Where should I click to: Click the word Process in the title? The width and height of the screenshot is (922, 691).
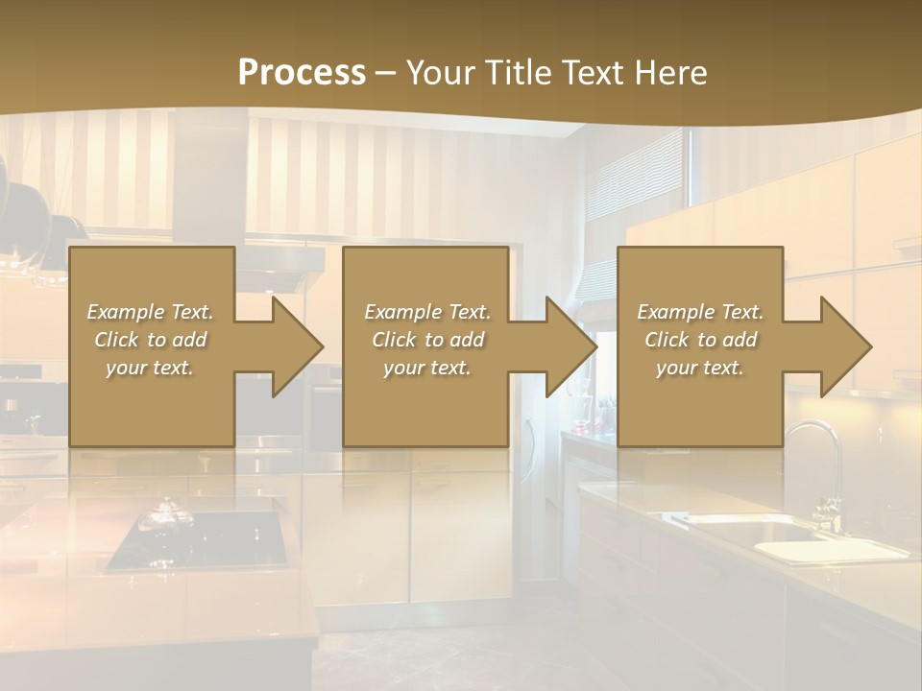pos(302,73)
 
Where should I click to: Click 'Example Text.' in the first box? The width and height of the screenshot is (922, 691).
pos(151,312)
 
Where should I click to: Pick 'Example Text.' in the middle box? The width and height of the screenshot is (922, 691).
pos(427,312)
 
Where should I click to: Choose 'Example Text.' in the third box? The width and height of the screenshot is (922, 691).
pos(700,312)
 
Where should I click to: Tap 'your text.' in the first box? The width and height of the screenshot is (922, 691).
pos(151,368)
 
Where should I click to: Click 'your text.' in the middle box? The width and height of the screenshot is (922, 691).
pos(427,368)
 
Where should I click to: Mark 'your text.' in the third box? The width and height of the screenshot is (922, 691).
pos(700,368)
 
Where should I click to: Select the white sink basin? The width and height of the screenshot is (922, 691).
pos(826,550)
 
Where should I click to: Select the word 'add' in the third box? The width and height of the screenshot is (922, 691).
pos(740,340)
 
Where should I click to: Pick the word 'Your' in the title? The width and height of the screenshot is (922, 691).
pos(439,73)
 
